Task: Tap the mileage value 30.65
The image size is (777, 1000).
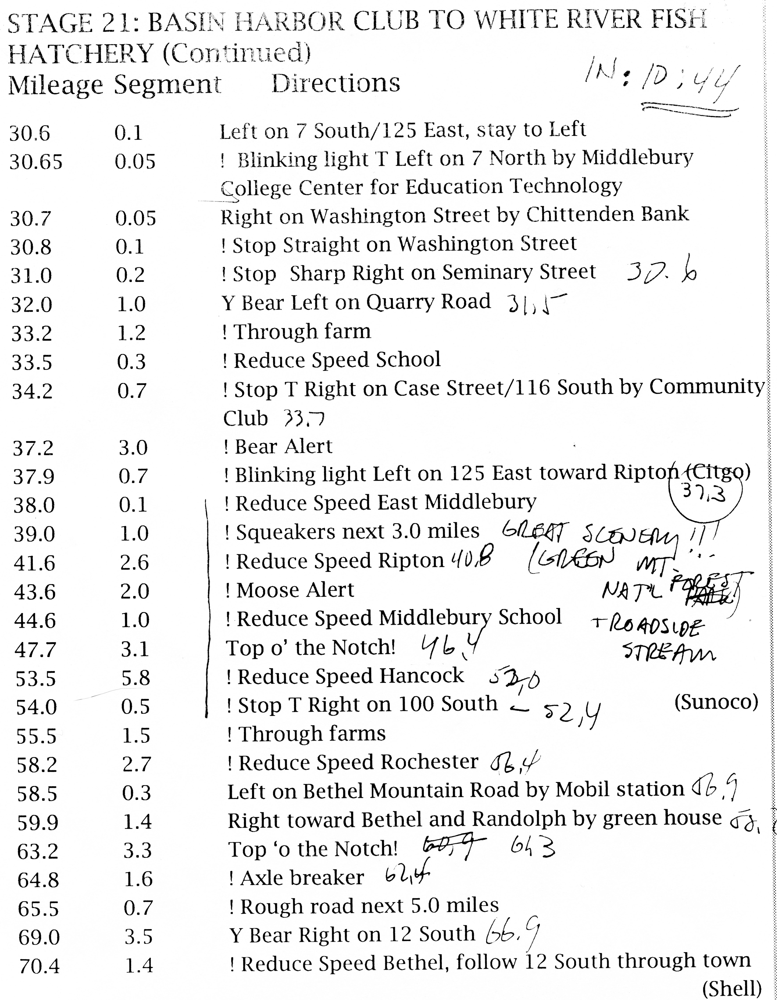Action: pos(36,162)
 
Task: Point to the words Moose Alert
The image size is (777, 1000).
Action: pos(295,590)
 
